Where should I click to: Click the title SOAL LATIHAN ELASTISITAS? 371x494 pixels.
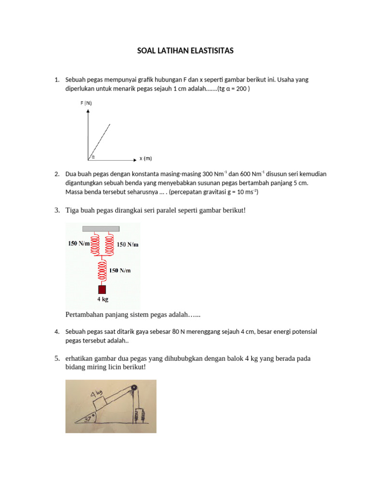pos(185,51)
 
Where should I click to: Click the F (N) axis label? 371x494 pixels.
pos(86,103)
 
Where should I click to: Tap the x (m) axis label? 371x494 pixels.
pos(145,158)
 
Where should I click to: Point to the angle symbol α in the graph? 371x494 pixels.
pos(93,156)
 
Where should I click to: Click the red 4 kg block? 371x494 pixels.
pos(102,289)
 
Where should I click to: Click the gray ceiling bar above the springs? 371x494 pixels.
pos(101,228)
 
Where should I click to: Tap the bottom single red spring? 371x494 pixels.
pos(102,270)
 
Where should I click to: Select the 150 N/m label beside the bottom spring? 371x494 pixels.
pos(120,271)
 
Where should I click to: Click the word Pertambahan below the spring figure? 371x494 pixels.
pos(85,315)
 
